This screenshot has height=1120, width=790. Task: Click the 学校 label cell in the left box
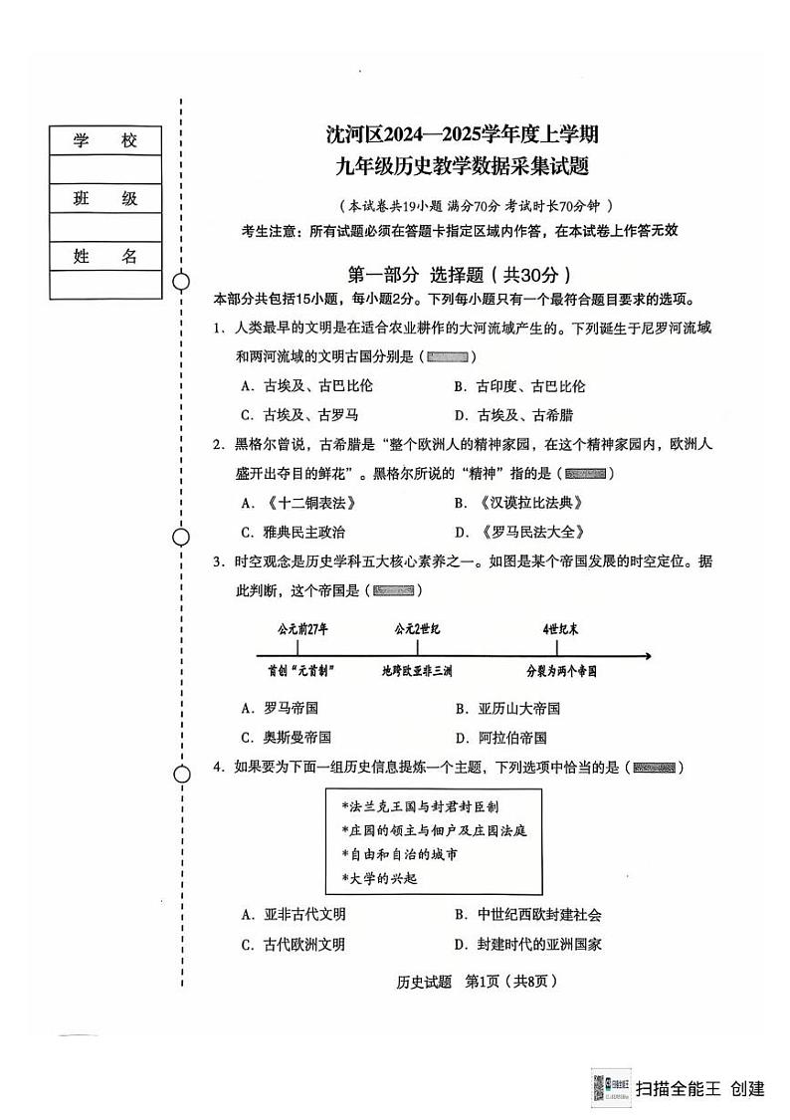(104, 141)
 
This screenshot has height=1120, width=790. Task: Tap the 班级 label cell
(104, 199)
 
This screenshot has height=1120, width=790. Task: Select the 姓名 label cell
(104, 257)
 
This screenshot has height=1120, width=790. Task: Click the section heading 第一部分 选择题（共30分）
(460, 276)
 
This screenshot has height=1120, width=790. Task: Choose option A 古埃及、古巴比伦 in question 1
(306, 386)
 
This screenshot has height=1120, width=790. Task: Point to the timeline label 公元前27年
(303, 629)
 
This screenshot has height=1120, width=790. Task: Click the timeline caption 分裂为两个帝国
(561, 672)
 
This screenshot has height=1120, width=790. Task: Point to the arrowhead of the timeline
(648, 655)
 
